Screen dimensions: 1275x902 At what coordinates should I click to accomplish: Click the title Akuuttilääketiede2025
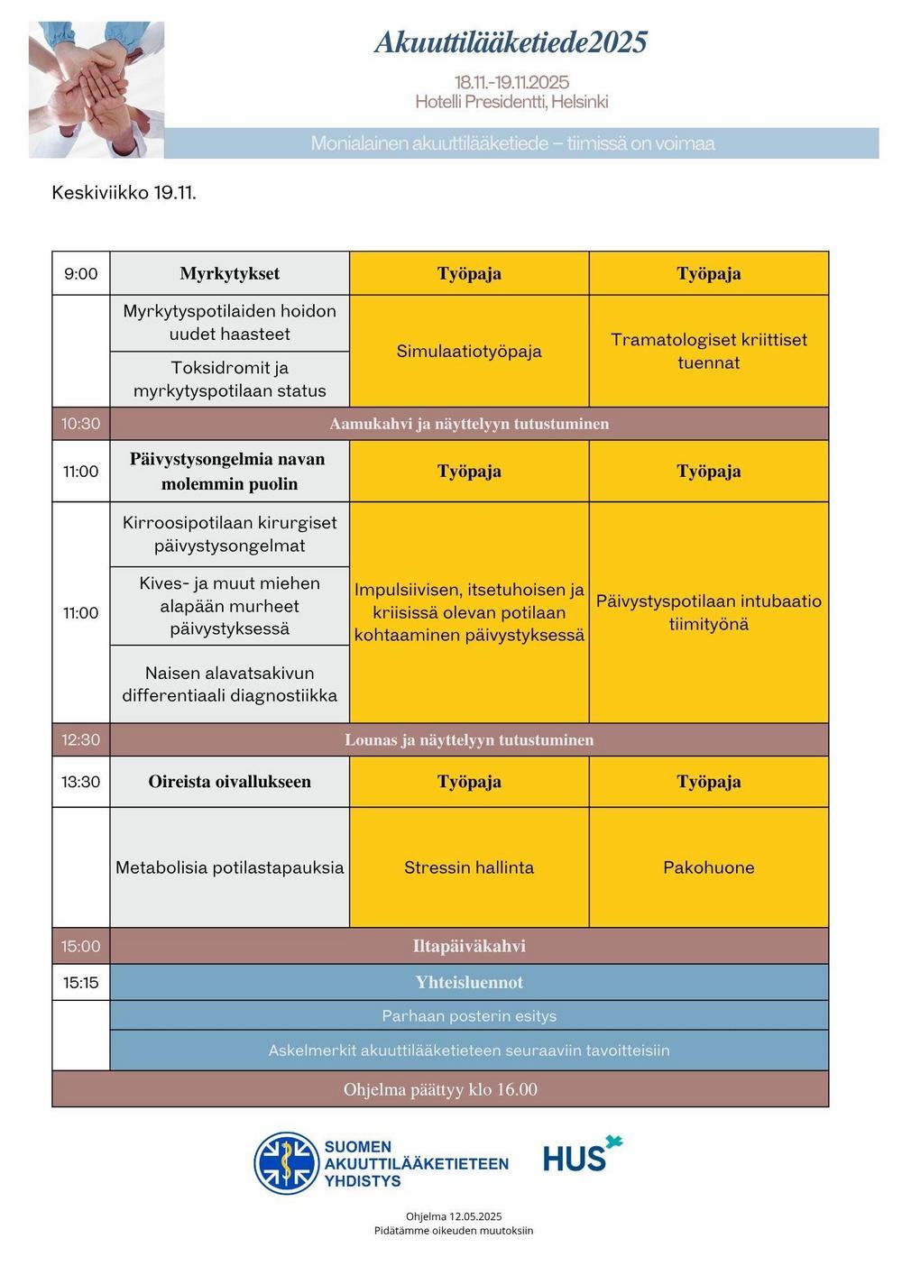pos(511,42)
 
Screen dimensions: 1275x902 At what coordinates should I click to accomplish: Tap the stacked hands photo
pos(97,89)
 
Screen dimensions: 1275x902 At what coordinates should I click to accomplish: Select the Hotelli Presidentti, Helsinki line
pos(511,102)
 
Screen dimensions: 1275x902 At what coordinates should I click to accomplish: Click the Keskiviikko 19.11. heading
pos(124,192)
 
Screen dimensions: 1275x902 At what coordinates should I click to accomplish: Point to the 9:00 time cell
pos(81,274)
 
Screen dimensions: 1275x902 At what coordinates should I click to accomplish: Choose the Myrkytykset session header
pos(229,274)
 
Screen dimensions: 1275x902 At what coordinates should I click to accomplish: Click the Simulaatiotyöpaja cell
pos(469,351)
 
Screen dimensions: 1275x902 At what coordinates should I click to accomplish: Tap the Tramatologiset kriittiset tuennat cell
pos(709,351)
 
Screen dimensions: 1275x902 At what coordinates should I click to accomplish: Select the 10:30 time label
pos(81,424)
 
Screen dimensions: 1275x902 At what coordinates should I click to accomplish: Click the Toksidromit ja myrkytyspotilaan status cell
pos(229,379)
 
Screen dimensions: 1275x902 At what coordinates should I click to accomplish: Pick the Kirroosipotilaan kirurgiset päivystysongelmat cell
pos(229,534)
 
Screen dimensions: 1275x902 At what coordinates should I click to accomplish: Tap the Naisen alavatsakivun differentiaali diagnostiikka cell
pos(229,683)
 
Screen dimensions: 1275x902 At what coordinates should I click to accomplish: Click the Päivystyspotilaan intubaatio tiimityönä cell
pos(709,612)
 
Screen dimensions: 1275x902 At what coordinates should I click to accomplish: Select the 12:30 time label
pos(81,740)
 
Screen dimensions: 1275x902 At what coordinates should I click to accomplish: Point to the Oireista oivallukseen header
pos(229,782)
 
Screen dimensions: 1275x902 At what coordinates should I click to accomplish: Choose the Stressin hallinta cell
pos(469,867)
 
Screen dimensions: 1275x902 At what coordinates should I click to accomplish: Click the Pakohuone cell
pos(709,867)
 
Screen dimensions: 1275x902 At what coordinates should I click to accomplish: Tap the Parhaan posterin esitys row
pos(469,1016)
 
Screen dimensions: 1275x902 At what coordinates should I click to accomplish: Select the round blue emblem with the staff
pos(286,1163)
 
